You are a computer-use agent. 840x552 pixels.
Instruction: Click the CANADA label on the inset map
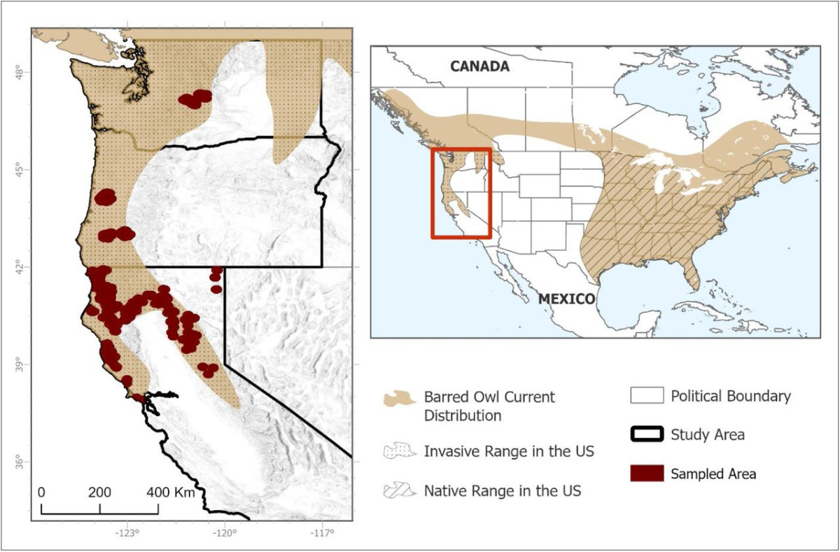[479, 66]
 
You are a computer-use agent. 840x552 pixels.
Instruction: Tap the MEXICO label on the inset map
[566, 299]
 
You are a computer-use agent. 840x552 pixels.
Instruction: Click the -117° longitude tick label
[322, 534]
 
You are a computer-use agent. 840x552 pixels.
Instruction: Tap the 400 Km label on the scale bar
[171, 493]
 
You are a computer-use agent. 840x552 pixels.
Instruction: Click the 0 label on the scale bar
[42, 493]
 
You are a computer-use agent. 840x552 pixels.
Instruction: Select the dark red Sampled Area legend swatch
[645, 474]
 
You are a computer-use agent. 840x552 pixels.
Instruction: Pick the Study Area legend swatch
[645, 434]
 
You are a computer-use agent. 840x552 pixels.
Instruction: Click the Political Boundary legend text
[731, 396]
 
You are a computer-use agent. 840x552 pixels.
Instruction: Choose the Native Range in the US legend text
[502, 490]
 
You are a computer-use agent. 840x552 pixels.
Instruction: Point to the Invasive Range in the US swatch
[399, 451]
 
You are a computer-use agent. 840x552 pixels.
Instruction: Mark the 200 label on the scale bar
[100, 493]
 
